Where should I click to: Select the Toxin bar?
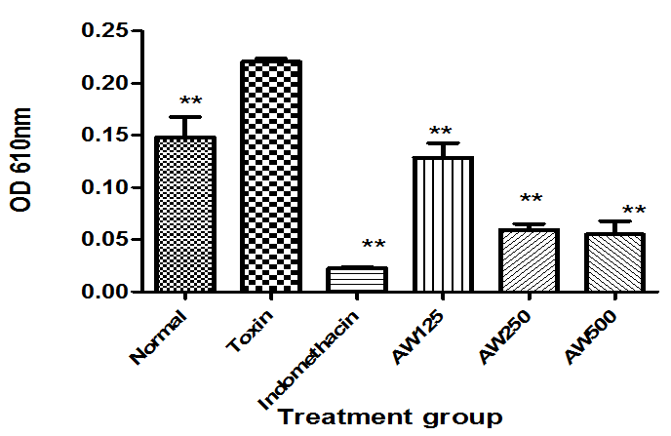click(270, 176)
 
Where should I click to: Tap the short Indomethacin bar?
click(356, 279)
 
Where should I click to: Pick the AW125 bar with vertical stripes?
click(443, 223)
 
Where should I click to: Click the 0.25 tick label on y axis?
click(105, 31)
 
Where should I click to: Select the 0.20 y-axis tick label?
click(105, 84)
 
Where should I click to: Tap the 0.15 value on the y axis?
click(105, 136)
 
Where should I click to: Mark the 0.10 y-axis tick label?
click(105, 187)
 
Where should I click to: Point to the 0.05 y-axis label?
click(105, 239)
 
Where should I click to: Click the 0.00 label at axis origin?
click(105, 292)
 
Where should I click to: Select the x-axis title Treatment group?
click(390, 417)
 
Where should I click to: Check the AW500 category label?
click(591, 333)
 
